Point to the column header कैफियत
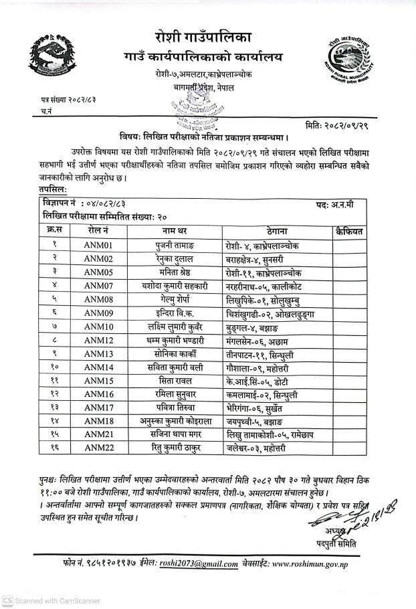pos(348,232)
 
